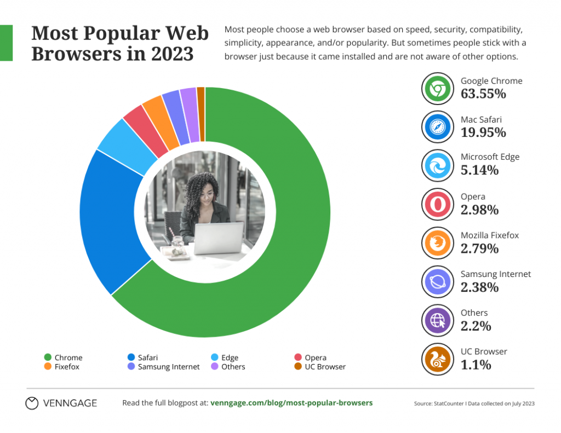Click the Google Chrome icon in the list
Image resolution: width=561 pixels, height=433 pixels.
coord(438,88)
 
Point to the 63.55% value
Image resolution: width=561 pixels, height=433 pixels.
coord(483,94)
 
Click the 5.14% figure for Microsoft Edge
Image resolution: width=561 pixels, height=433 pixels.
coord(479,170)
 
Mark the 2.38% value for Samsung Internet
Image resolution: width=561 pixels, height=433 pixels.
coord(479,287)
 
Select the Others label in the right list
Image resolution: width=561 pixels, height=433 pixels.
coord(474,313)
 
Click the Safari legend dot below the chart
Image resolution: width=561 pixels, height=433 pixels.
coord(130,357)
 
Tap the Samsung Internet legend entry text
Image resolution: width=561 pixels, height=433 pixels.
coord(169,367)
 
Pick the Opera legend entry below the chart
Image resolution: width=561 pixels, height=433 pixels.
coord(315,357)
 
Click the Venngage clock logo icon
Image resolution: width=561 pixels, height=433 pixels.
coord(32,403)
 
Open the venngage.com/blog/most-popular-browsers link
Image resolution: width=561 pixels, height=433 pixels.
coord(291,403)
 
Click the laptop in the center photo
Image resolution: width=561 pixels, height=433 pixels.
coord(219,238)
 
